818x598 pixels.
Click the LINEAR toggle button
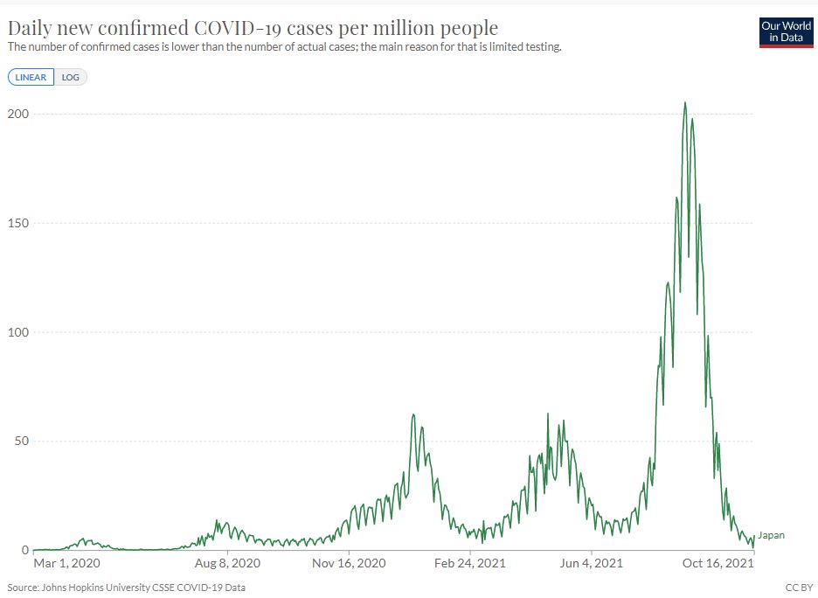(x=31, y=77)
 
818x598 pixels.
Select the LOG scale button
(x=71, y=77)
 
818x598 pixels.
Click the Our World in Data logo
(x=787, y=31)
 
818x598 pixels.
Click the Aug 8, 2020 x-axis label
(x=227, y=564)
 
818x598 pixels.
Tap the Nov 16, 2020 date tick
(x=350, y=564)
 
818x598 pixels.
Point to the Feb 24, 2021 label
(x=471, y=564)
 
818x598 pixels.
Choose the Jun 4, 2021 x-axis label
(x=593, y=564)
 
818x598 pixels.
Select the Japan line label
(x=771, y=536)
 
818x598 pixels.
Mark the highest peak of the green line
(x=684, y=103)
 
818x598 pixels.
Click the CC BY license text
(x=799, y=588)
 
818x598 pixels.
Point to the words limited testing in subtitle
(x=526, y=46)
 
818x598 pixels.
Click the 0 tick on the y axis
(x=24, y=550)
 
